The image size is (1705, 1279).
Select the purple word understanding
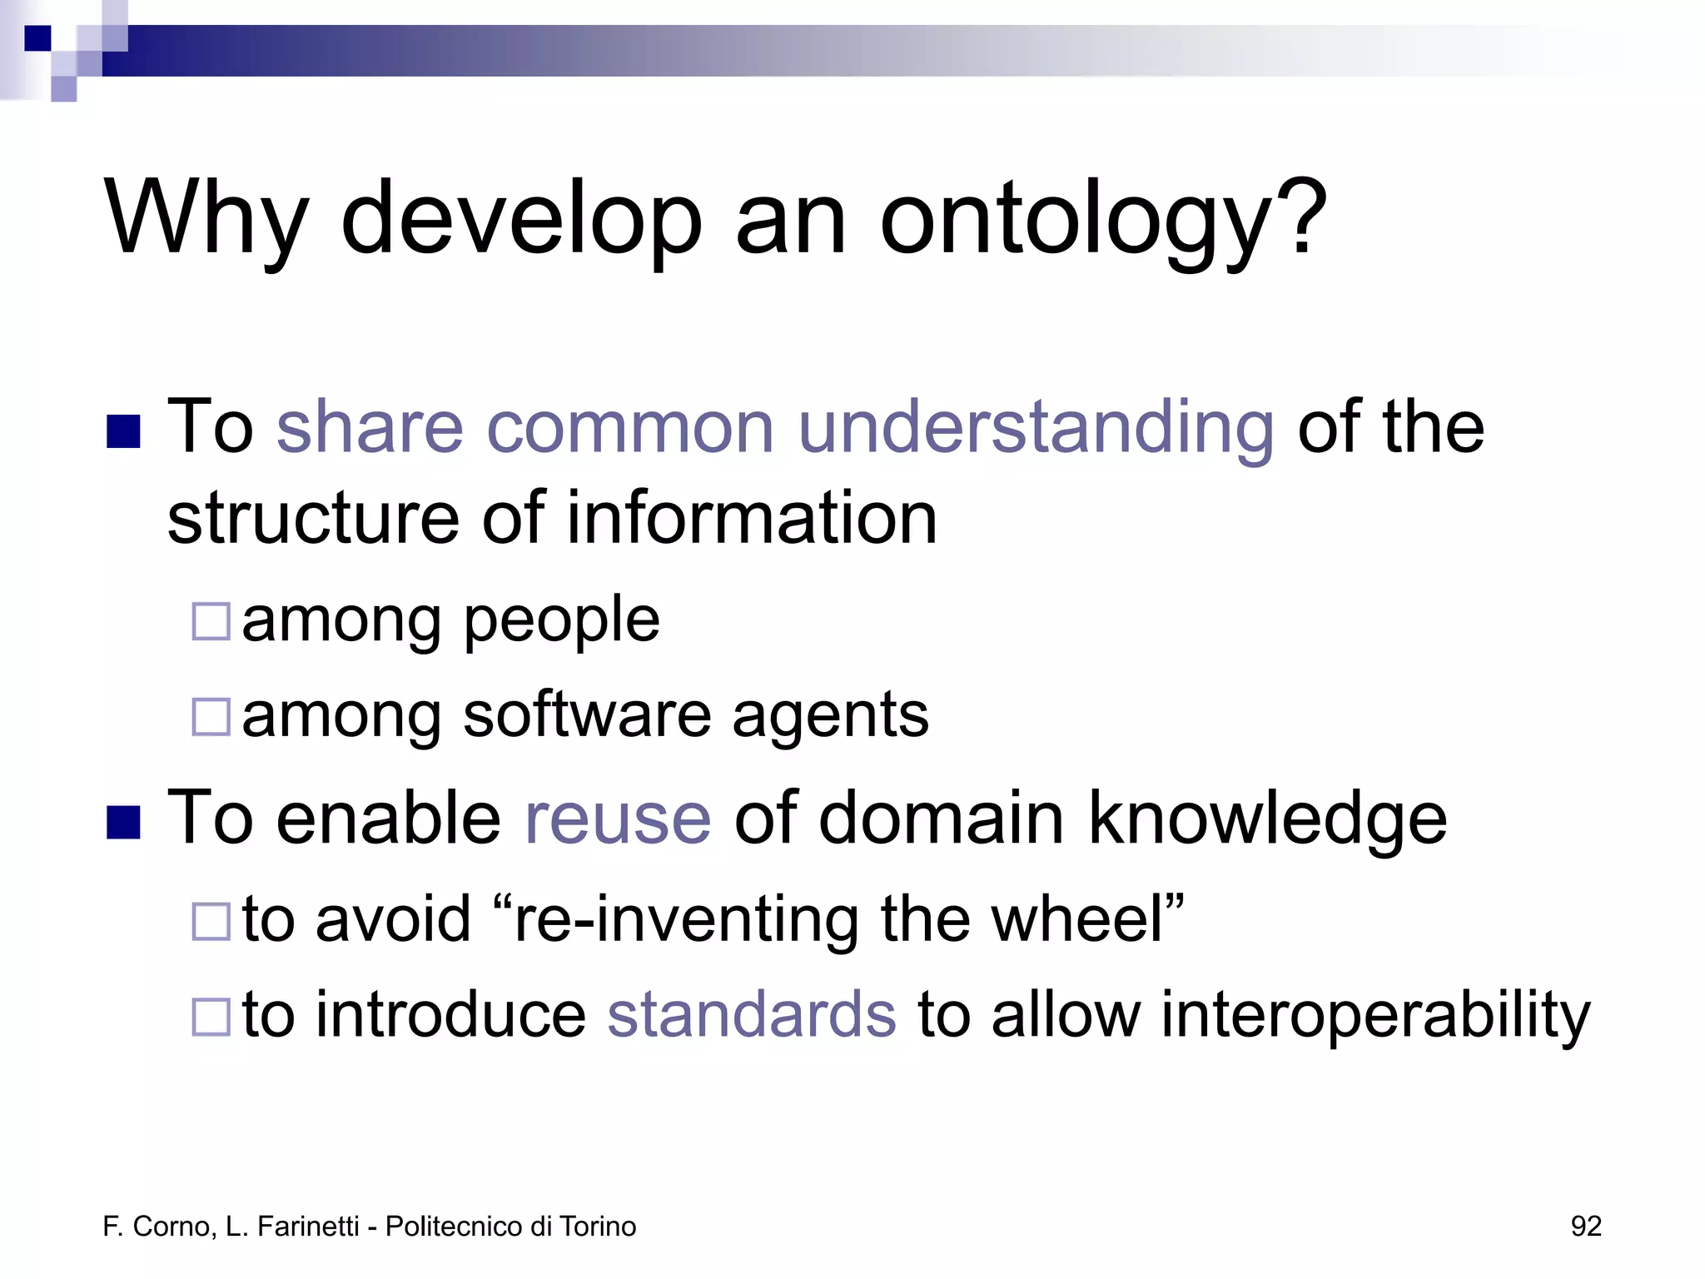(x=1035, y=427)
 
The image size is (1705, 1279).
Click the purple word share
(x=369, y=427)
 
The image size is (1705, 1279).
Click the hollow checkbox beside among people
(x=211, y=621)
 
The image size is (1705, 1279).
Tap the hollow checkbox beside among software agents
(x=211, y=717)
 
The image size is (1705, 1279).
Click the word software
(x=586, y=716)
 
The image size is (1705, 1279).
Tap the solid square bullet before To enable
(x=123, y=822)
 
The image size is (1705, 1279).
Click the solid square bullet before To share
(x=123, y=431)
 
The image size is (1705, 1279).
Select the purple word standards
(x=752, y=1015)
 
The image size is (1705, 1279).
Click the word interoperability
(x=1374, y=1015)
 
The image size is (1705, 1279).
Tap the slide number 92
(x=1585, y=1227)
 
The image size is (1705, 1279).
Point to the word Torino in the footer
(x=597, y=1227)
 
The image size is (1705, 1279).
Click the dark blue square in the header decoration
(x=37, y=38)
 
